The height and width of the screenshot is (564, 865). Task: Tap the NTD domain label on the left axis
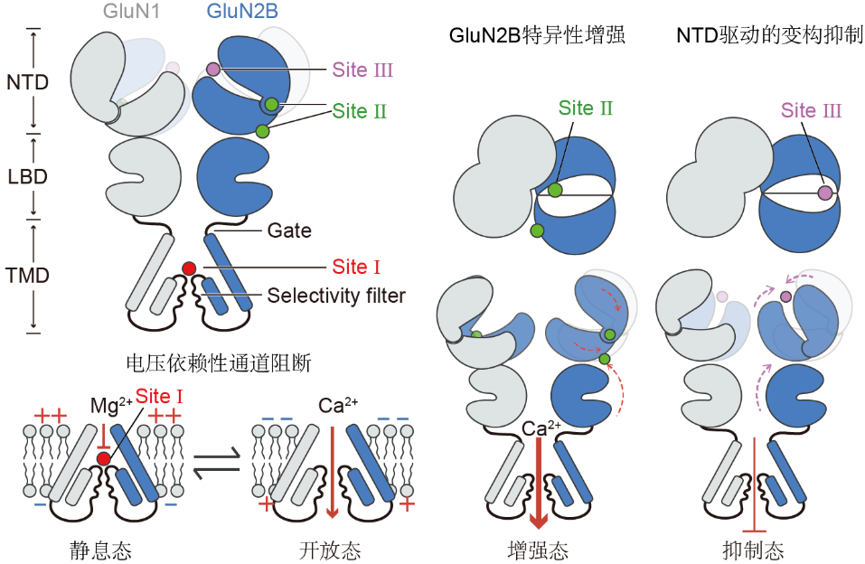pos(27,82)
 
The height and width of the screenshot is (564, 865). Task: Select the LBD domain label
pos(27,174)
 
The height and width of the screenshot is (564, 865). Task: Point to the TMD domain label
pos(27,275)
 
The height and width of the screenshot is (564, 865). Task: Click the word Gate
pos(289,230)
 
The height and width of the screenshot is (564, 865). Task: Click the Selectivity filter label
pos(336,296)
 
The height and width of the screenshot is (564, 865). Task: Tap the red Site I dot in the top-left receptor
pos(189,268)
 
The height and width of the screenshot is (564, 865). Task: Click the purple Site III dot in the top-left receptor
pos(213,69)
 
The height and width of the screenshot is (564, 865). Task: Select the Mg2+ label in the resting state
pos(106,407)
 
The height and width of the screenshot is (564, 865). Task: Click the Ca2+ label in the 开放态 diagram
pos(332,405)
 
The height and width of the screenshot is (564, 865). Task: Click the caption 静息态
pos(94,549)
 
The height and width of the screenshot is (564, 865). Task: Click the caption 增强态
pos(538,549)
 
